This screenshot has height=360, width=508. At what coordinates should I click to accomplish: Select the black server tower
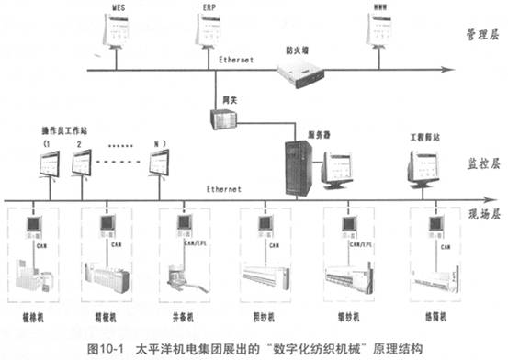(x=298, y=165)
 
